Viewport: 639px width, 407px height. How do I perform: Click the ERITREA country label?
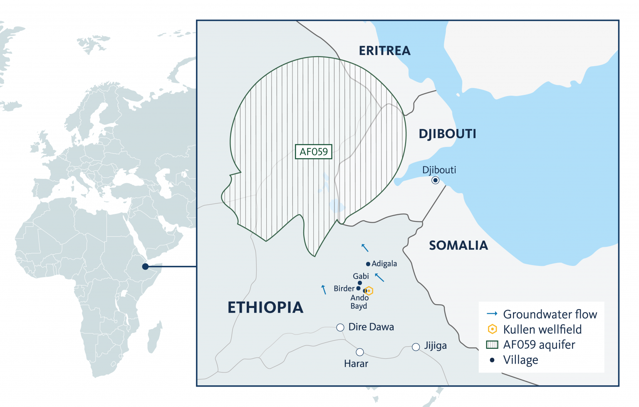tap(384, 51)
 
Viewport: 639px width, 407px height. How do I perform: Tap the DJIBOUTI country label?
tap(447, 134)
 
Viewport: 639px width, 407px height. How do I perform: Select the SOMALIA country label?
tap(458, 246)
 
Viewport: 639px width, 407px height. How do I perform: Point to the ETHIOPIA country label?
tap(265, 308)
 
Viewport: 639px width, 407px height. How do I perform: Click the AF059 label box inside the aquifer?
tap(314, 152)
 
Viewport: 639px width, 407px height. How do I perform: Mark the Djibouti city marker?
tap(435, 180)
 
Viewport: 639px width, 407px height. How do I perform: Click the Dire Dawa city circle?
tap(340, 328)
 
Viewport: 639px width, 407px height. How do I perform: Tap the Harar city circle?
tap(360, 352)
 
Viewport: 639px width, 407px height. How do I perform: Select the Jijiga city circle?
tap(416, 347)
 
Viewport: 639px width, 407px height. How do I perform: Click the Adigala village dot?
tap(368, 264)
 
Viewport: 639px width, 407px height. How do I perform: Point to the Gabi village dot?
tap(360, 283)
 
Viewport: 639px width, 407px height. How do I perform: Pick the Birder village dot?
tap(358, 288)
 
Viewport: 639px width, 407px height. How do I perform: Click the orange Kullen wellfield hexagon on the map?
tap(369, 291)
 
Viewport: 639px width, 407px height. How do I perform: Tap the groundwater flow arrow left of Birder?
tap(324, 290)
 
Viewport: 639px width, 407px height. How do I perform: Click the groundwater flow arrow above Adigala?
tap(365, 248)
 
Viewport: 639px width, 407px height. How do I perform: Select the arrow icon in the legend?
tap(492, 314)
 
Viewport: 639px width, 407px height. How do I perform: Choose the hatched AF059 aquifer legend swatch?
tap(492, 345)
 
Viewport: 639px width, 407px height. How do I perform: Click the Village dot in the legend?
tap(492, 360)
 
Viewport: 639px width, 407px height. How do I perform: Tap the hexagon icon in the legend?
tap(492, 329)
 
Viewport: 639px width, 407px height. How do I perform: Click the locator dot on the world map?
tap(145, 266)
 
